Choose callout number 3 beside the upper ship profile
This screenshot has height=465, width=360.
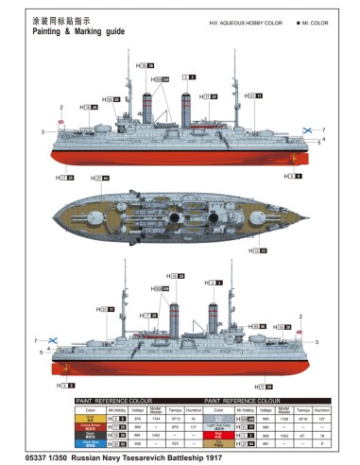(x=43, y=132)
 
